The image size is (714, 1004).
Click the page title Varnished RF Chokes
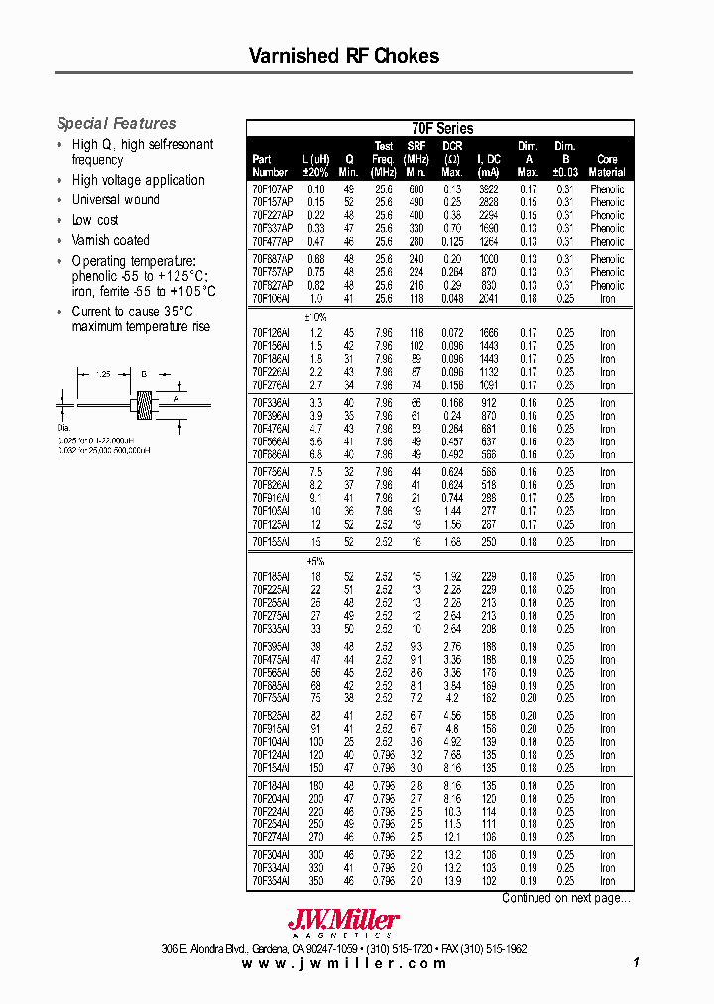tap(343, 56)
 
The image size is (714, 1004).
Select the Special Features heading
tap(116, 124)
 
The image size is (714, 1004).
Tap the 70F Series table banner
tap(441, 128)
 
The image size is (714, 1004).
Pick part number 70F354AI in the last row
tap(271, 881)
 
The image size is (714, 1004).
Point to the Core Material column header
tap(607, 165)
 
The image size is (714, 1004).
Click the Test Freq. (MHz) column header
tap(383, 159)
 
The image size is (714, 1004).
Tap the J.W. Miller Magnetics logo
tap(343, 923)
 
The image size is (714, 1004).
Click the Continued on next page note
tap(564, 898)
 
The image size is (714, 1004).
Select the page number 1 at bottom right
tap(635, 963)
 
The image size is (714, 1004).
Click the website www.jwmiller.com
tap(344, 963)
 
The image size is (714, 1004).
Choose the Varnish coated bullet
tap(110, 240)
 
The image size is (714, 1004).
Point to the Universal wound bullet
tap(115, 199)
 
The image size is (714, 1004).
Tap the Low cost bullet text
tap(95, 220)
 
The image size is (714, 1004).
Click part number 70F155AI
tap(271, 542)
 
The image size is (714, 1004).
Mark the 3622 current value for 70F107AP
tap(488, 189)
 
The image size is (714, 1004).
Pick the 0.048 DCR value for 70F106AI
tap(452, 298)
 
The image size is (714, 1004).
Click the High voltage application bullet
tap(138, 180)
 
